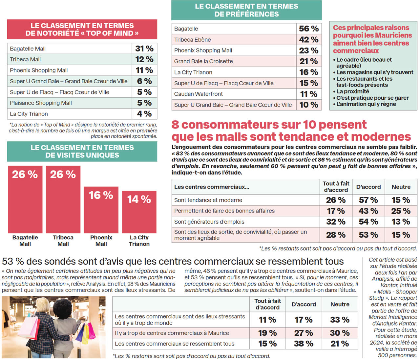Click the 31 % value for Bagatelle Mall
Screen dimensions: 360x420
144,49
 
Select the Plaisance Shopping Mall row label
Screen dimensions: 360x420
41,103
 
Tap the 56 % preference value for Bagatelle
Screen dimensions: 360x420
308,29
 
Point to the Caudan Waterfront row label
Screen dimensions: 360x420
198,94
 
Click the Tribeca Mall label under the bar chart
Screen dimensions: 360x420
63,241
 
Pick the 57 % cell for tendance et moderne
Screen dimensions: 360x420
368,200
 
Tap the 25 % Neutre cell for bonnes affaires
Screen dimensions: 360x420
401,211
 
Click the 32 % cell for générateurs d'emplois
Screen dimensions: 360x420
336,222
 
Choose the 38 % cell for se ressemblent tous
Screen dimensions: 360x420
304,344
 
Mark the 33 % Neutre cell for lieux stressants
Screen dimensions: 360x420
340,320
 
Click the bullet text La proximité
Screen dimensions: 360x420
352,91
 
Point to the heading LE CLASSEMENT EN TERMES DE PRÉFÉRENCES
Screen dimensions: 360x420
246,10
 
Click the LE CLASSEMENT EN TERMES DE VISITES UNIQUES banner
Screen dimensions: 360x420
82,151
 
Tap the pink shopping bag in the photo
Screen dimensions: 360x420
91,331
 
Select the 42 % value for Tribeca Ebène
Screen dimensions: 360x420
308,40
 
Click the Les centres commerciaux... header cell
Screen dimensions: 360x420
212,187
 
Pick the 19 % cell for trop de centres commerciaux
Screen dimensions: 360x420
267,333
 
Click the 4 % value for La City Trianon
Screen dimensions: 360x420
144,114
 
